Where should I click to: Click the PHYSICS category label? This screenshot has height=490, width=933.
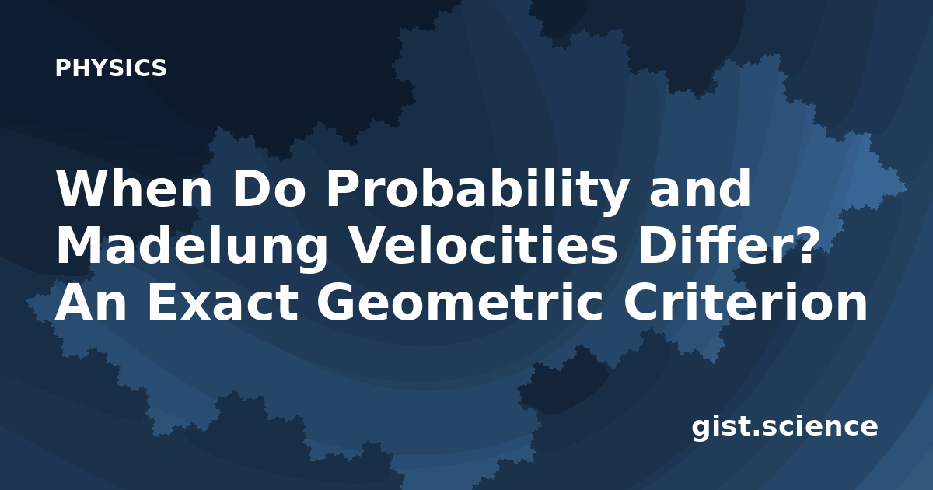coord(110,68)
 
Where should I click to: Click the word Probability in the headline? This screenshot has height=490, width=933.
coord(477,191)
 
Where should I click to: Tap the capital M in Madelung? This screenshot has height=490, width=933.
coord(79,245)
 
